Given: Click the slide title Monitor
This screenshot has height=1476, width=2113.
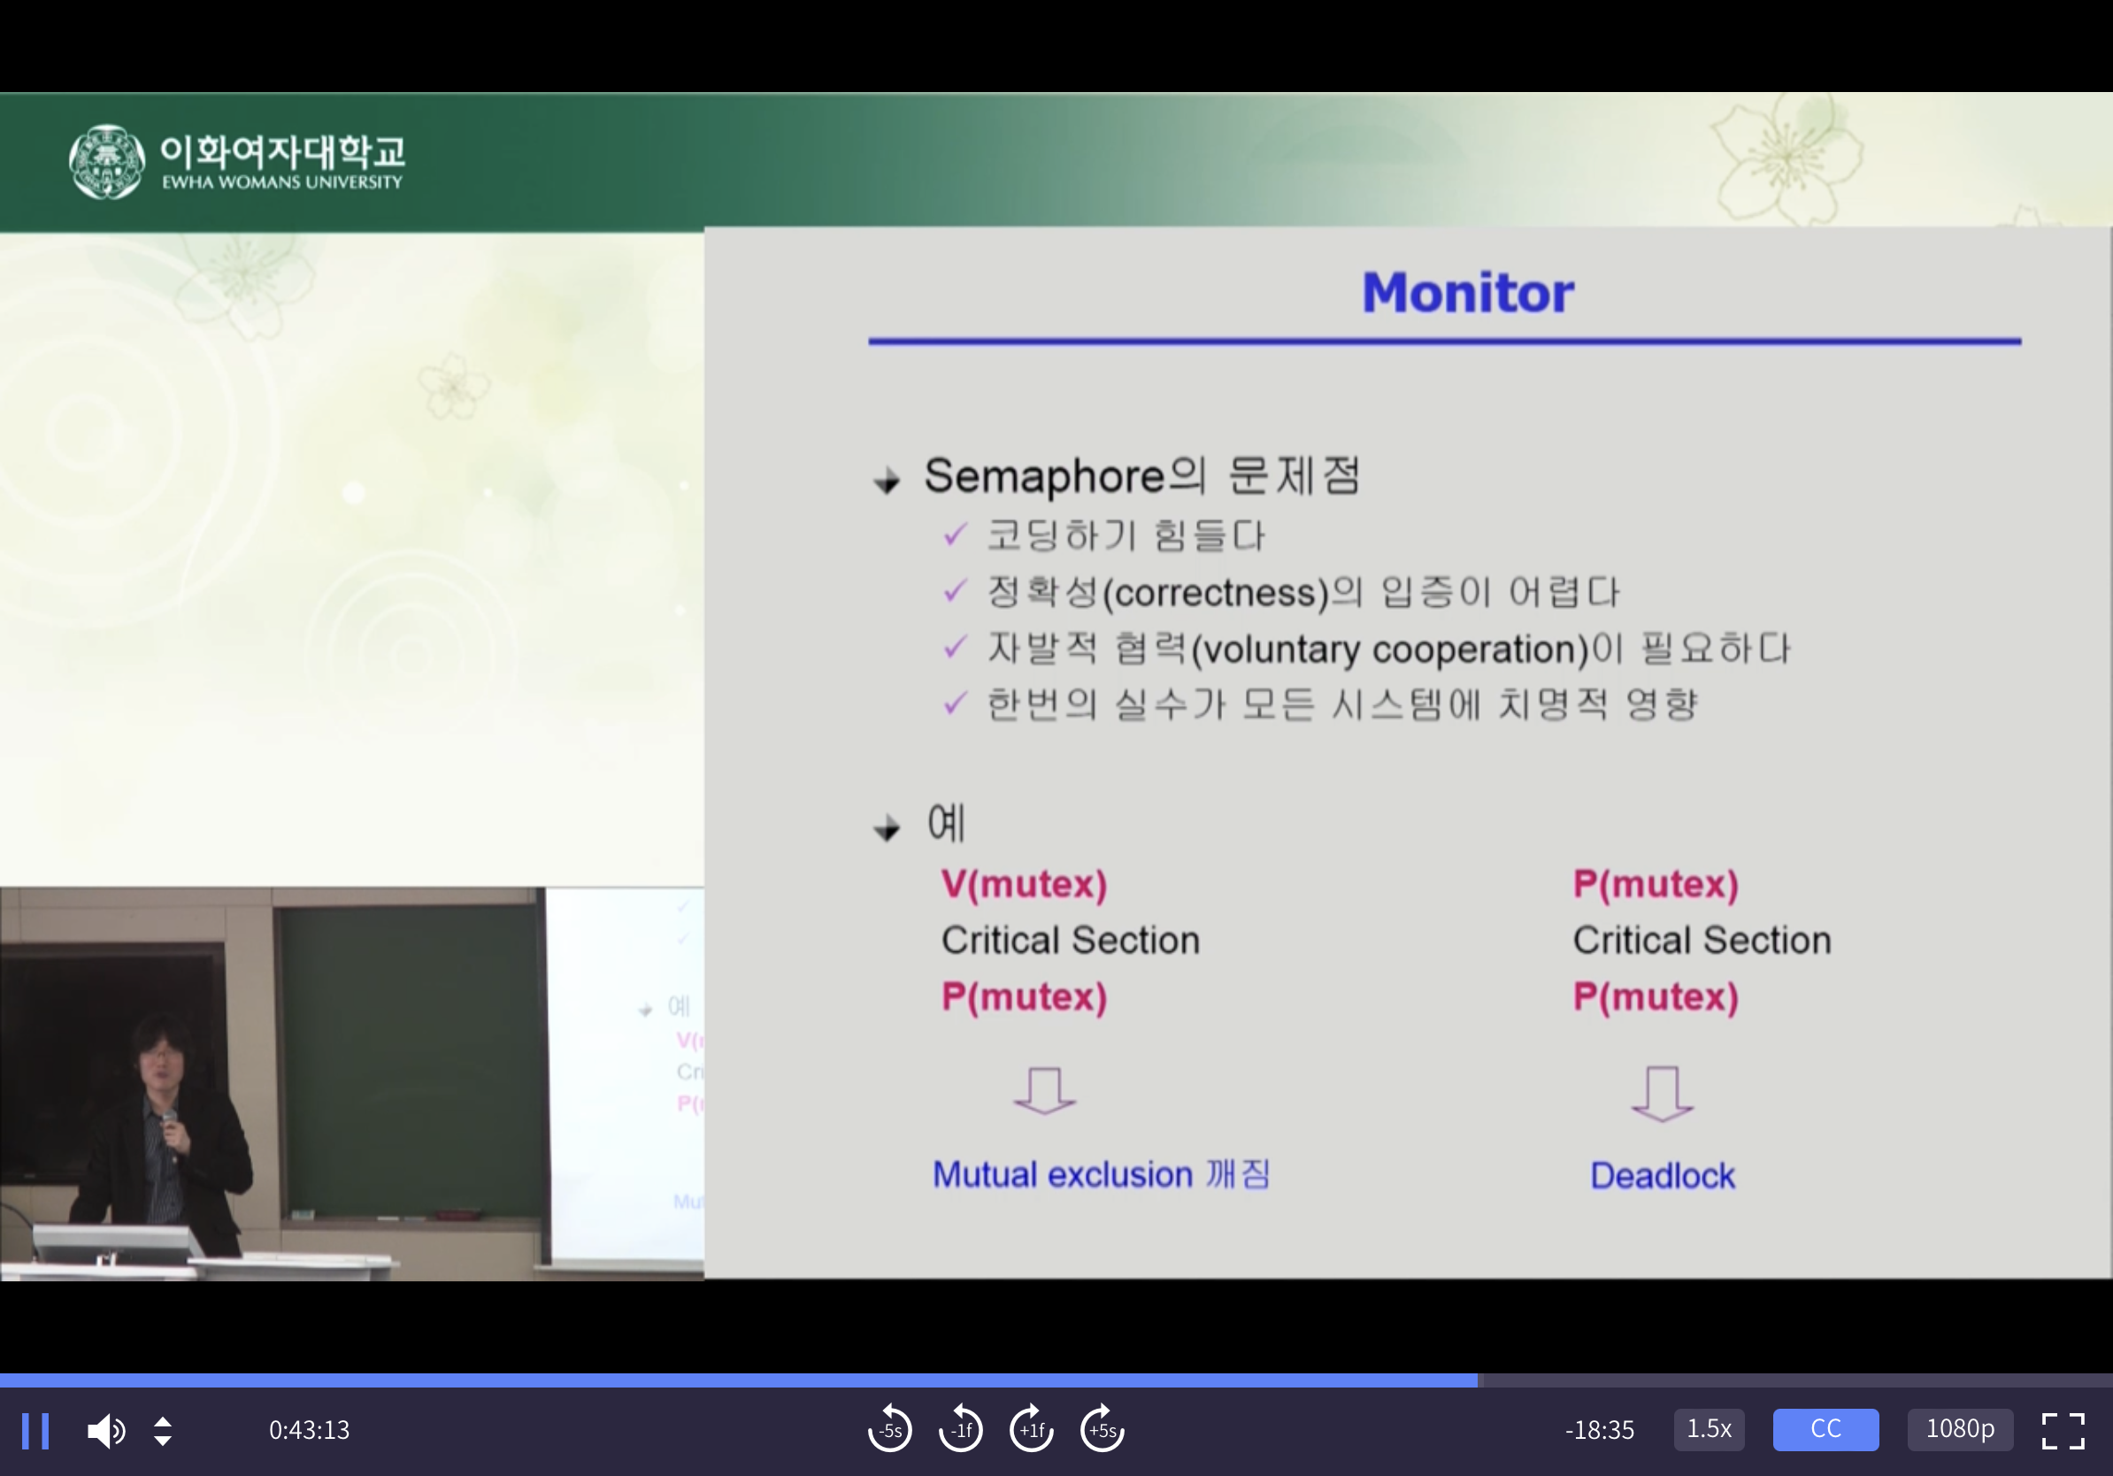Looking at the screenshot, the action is pyautogui.click(x=1468, y=293).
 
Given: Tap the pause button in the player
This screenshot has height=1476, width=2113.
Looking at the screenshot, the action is pyautogui.click(x=35, y=1431).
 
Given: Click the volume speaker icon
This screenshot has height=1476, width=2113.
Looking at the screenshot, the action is pyautogui.click(x=107, y=1431).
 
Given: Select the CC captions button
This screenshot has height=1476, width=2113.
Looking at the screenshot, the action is pyautogui.click(x=1825, y=1429).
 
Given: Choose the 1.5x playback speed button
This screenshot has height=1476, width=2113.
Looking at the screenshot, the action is pyautogui.click(x=1709, y=1429).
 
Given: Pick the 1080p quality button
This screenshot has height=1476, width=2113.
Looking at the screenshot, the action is pyautogui.click(x=1960, y=1429).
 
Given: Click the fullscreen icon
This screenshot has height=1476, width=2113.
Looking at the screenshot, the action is pyautogui.click(x=2063, y=1431).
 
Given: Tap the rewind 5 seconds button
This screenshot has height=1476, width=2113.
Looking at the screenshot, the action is pyautogui.click(x=890, y=1429).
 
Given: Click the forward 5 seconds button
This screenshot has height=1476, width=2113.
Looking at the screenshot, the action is pyautogui.click(x=1103, y=1429).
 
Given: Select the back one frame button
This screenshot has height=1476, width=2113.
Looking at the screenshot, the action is pyautogui.click(x=961, y=1429).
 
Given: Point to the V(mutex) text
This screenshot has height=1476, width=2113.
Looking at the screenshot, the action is pyautogui.click(x=1024, y=884).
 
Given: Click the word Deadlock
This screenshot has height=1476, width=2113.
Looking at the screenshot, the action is pyautogui.click(x=1662, y=1175).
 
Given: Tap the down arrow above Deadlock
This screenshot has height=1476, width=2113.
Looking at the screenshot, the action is pyautogui.click(x=1662, y=1094).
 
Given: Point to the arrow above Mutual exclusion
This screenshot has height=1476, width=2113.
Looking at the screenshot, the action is pyautogui.click(x=1044, y=1091).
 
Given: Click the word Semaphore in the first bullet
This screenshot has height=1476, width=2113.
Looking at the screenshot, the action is pyautogui.click(x=1044, y=477).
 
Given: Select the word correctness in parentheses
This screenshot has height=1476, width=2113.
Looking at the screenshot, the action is pyautogui.click(x=1216, y=593).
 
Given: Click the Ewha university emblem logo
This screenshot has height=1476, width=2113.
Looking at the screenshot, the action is pyautogui.click(x=107, y=162).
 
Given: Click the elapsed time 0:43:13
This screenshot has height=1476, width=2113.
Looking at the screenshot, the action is pyautogui.click(x=309, y=1430).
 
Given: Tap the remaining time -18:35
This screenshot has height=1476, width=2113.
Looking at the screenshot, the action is pyautogui.click(x=1600, y=1430).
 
